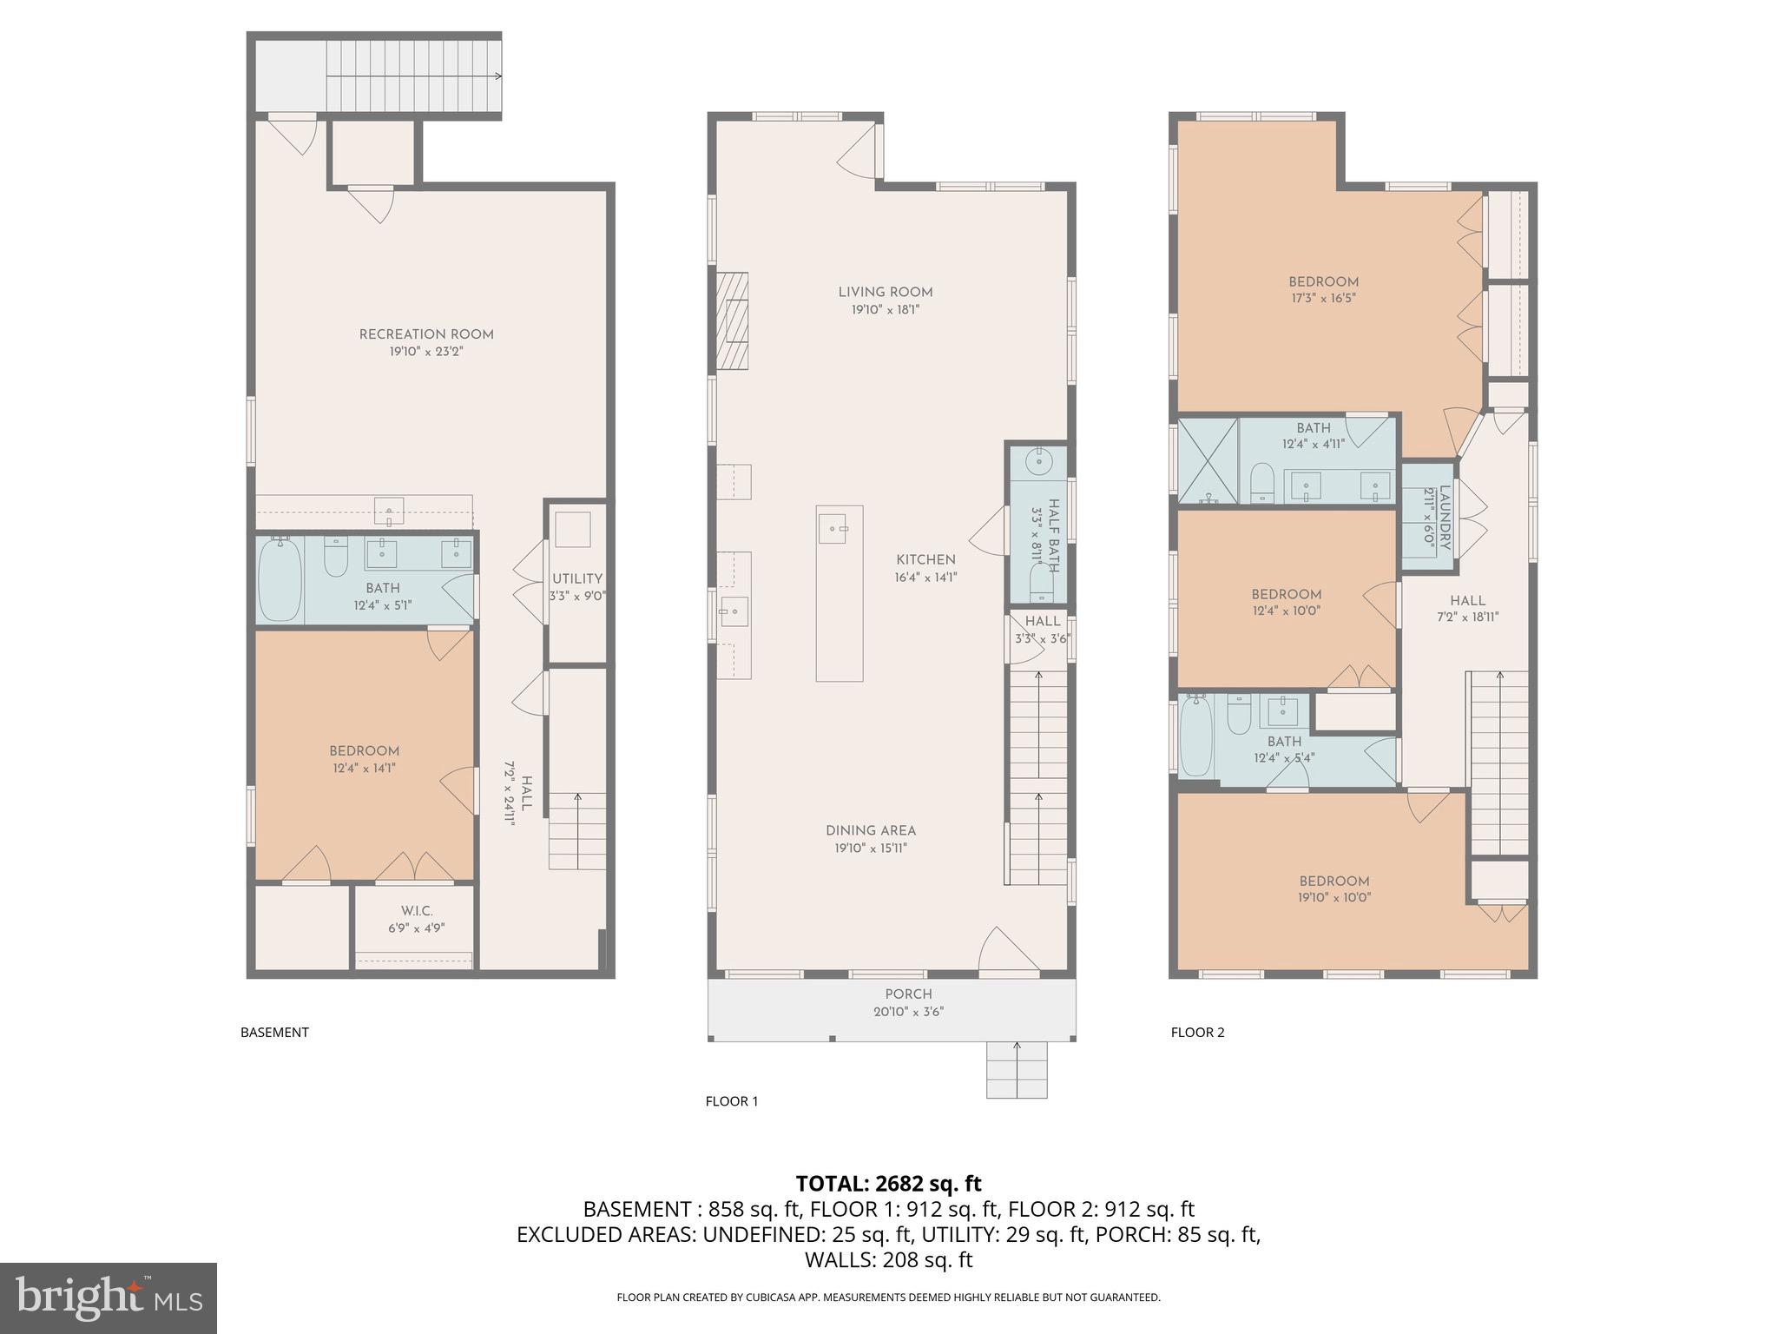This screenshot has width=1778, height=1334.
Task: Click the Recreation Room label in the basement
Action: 426,334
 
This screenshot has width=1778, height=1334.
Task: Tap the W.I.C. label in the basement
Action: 417,911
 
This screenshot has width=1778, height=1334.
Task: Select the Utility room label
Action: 577,579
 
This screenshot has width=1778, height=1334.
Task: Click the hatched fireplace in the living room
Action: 732,321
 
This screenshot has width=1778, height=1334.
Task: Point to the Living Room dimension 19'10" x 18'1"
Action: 886,310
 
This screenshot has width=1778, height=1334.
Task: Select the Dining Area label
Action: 871,831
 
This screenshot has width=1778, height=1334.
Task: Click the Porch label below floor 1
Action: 908,994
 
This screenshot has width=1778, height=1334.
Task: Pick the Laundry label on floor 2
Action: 1445,518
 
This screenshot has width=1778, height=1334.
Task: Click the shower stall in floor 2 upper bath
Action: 1208,460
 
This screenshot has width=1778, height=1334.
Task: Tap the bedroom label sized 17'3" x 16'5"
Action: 1323,282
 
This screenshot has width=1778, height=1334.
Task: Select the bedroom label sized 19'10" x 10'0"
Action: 1334,882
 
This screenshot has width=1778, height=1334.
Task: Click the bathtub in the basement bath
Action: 279,579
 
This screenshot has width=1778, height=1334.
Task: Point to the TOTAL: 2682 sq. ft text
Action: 888,1184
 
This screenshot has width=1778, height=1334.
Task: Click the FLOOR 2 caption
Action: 1197,1033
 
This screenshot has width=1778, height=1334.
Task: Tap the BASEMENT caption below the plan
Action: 274,1033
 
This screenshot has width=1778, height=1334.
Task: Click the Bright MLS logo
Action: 109,1298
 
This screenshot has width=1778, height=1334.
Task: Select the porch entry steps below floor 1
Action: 1017,1069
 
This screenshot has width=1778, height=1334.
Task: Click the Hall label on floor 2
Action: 1467,601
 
